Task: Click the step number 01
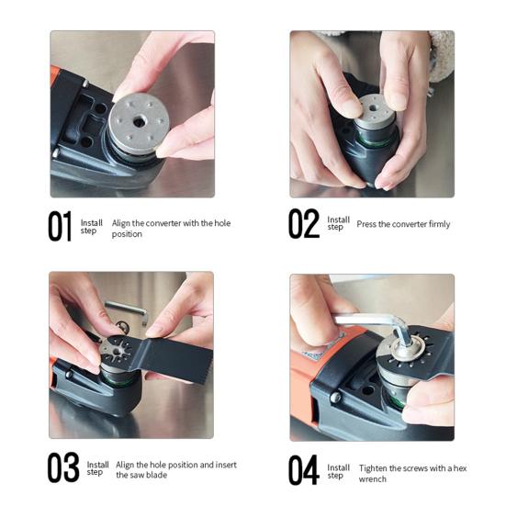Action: pos(60,227)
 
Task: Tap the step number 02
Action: pos(304,223)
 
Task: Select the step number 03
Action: pos(63,468)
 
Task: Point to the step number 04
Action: pos(304,470)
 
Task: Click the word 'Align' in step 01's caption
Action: pos(122,222)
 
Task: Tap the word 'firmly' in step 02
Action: pos(436,224)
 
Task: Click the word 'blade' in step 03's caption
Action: pos(163,475)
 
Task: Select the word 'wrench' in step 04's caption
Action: pos(373,478)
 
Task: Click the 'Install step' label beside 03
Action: pos(97,468)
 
